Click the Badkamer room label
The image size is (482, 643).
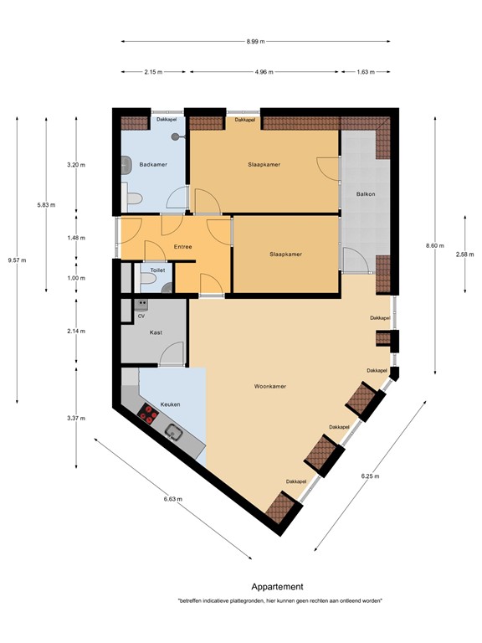(x=151, y=165)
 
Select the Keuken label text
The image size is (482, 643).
(x=171, y=404)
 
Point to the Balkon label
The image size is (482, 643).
(x=367, y=194)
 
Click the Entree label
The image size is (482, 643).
(x=182, y=247)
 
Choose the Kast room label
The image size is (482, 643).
(x=156, y=332)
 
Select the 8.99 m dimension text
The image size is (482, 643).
(x=255, y=41)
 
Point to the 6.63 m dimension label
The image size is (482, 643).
(x=173, y=499)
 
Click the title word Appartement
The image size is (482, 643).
(x=277, y=587)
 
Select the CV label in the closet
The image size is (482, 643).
(x=141, y=316)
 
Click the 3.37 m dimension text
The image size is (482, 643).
(x=76, y=418)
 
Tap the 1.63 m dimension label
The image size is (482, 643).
(x=365, y=73)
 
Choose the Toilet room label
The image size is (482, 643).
(x=157, y=270)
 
